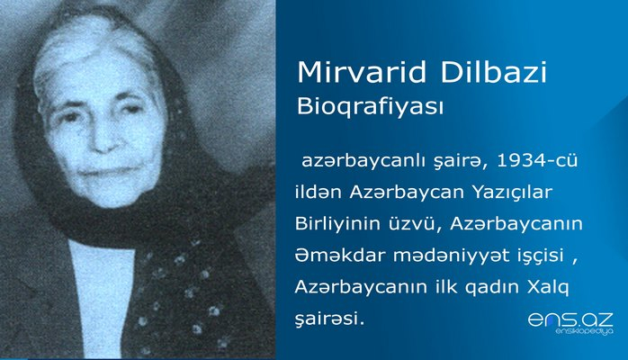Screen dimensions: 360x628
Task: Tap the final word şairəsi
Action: (329, 319)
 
